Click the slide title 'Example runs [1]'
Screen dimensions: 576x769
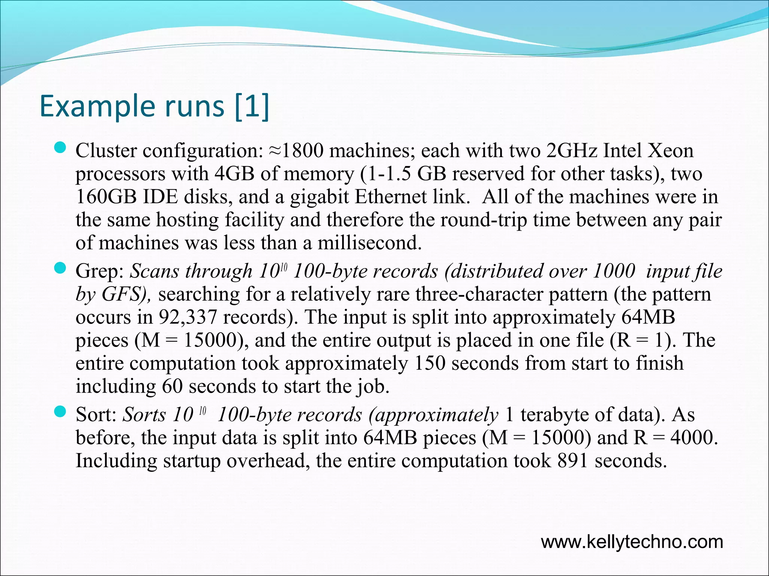click(x=154, y=106)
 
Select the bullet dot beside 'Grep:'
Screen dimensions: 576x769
click(x=60, y=268)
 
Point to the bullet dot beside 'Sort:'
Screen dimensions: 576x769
click(x=60, y=412)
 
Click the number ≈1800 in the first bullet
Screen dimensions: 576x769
click(x=296, y=151)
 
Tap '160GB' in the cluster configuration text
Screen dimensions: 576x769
click(x=106, y=197)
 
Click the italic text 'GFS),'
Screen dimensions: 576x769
click(x=126, y=294)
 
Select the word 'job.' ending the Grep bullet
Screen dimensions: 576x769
click(x=373, y=387)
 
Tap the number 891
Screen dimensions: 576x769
click(x=573, y=461)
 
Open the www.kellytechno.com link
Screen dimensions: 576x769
click(x=632, y=542)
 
